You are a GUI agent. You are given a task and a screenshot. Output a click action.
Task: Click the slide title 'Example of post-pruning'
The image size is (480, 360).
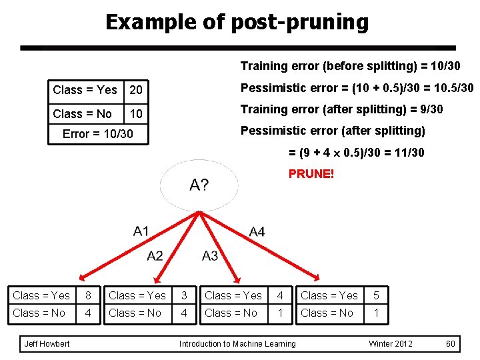[237, 22]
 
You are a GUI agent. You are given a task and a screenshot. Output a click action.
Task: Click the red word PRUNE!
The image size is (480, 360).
[311, 174]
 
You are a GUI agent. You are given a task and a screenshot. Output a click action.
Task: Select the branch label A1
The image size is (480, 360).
[141, 231]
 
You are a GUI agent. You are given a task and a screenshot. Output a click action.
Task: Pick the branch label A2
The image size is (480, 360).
[155, 255]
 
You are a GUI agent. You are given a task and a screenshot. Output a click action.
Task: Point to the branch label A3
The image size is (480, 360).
[210, 255]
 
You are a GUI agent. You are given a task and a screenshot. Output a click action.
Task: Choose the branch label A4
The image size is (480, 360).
[257, 231]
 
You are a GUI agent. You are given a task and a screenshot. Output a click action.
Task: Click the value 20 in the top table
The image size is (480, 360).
[136, 90]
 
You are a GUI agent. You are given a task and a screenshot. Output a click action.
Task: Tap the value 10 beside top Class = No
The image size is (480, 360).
[136, 114]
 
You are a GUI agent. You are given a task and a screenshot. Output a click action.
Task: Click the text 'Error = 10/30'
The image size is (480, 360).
[97, 134]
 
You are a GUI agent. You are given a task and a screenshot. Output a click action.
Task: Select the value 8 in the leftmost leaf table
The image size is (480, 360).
[88, 295]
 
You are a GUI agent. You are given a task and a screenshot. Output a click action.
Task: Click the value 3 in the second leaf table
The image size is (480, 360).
[184, 295]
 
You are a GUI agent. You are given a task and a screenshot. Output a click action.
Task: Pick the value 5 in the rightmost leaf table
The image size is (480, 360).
[377, 295]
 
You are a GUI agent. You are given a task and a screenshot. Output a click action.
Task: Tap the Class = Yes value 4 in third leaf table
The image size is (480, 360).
[281, 295]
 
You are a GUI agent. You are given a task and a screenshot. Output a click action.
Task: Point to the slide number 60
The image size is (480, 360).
[451, 344]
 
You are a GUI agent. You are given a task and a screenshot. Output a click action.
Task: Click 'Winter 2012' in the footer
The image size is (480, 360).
[391, 344]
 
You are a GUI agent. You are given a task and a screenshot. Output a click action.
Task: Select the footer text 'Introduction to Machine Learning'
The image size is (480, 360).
[237, 344]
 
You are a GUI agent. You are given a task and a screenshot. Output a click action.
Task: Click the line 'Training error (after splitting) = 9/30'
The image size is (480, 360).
[341, 109]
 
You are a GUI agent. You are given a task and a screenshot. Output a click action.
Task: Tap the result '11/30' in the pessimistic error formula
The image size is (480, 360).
[409, 153]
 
